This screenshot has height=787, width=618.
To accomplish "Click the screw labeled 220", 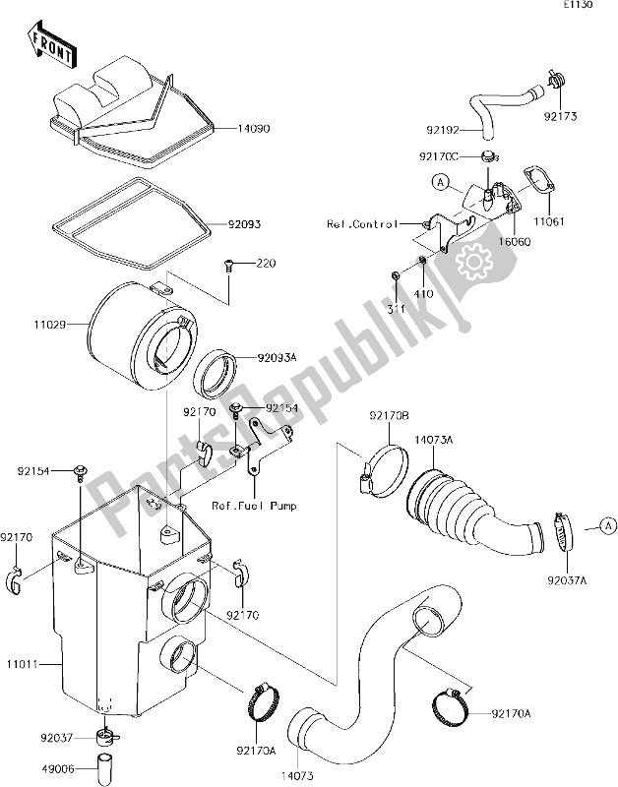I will [230, 264].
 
